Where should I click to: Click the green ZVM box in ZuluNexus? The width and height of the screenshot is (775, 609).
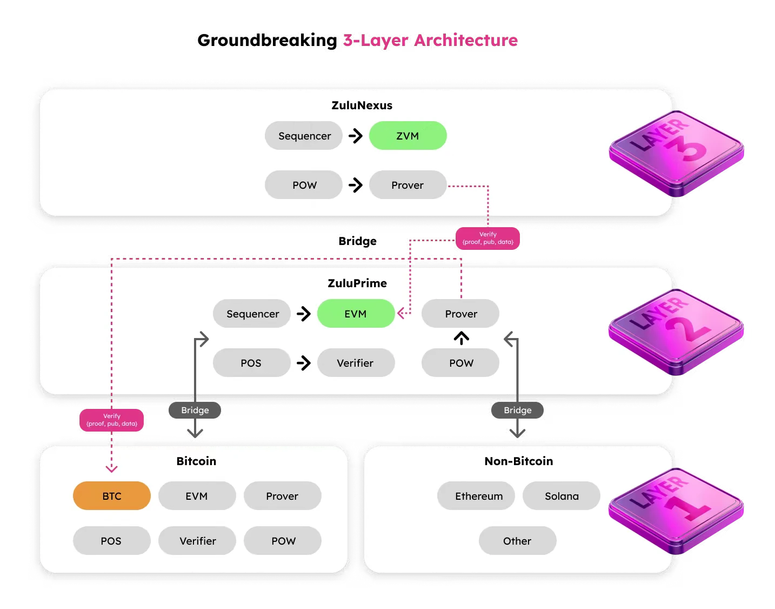(x=407, y=136)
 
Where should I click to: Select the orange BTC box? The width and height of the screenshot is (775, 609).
(x=112, y=496)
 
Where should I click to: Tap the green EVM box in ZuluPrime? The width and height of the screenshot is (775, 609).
(x=356, y=314)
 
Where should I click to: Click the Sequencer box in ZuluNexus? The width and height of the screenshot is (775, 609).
(x=304, y=136)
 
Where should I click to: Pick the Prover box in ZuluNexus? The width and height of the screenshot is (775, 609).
(x=407, y=185)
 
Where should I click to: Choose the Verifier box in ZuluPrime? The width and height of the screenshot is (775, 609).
(x=356, y=363)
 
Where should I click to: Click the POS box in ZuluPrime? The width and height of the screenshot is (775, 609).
(x=251, y=363)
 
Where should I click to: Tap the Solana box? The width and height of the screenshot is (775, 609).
(x=561, y=496)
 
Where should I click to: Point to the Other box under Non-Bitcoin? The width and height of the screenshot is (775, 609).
(x=517, y=541)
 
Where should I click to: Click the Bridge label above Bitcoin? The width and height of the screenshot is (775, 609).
(x=195, y=410)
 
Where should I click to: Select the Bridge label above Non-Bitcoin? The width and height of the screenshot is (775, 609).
(x=518, y=410)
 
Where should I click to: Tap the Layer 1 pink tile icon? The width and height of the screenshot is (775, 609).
(x=676, y=511)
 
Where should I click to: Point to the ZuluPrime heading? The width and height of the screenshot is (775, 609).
(x=357, y=283)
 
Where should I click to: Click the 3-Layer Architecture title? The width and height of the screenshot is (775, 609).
(x=430, y=41)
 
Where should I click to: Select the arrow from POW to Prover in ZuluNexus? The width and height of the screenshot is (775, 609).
(x=356, y=185)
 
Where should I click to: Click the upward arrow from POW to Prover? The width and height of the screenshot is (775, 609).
(x=461, y=339)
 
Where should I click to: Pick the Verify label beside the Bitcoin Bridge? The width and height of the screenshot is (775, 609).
(x=112, y=420)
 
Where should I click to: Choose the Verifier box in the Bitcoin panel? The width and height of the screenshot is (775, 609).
(x=197, y=541)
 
